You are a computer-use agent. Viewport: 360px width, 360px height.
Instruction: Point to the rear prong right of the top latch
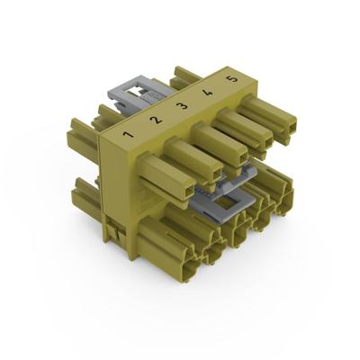click(184, 76)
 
